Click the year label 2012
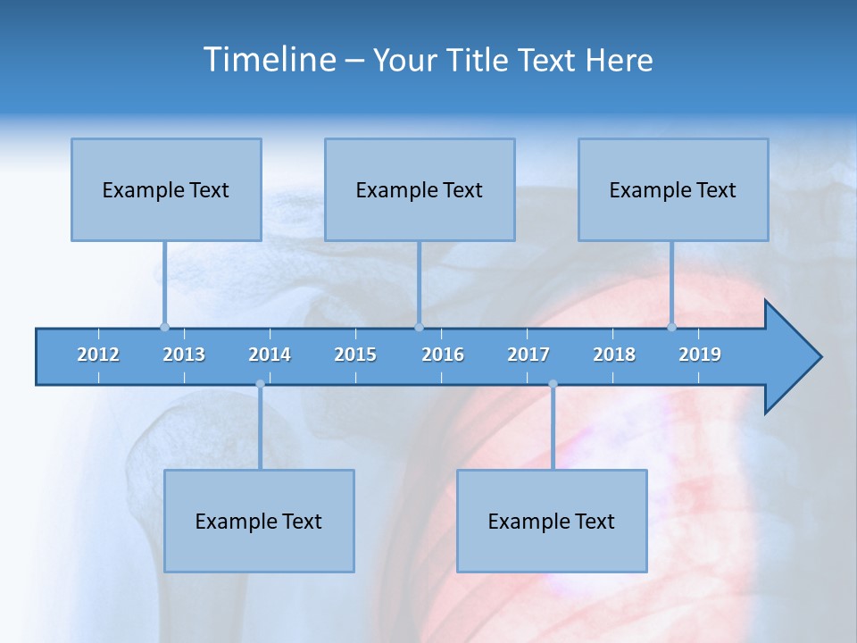pyautogui.click(x=98, y=355)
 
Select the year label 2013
pyautogui.click(x=184, y=355)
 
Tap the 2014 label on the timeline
pyautogui.click(x=270, y=355)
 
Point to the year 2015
pyautogui.click(x=355, y=355)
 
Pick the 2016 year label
pyautogui.click(x=443, y=355)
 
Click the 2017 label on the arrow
pyautogui.click(x=528, y=355)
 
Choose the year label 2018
pyautogui.click(x=614, y=355)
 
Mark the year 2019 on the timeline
pyautogui.click(x=700, y=355)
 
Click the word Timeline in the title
pyautogui.click(x=269, y=60)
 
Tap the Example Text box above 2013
pyautogui.click(x=166, y=189)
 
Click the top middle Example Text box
pyautogui.click(x=420, y=189)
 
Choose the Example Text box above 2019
pyautogui.click(x=673, y=189)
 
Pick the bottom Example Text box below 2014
pyautogui.click(x=259, y=521)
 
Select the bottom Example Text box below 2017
pyautogui.click(x=552, y=521)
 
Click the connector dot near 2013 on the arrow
pyautogui.click(x=164, y=327)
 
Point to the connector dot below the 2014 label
pyautogui.click(x=260, y=384)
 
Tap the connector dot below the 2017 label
pyautogui.click(x=553, y=384)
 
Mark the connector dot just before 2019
pyautogui.click(x=671, y=327)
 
